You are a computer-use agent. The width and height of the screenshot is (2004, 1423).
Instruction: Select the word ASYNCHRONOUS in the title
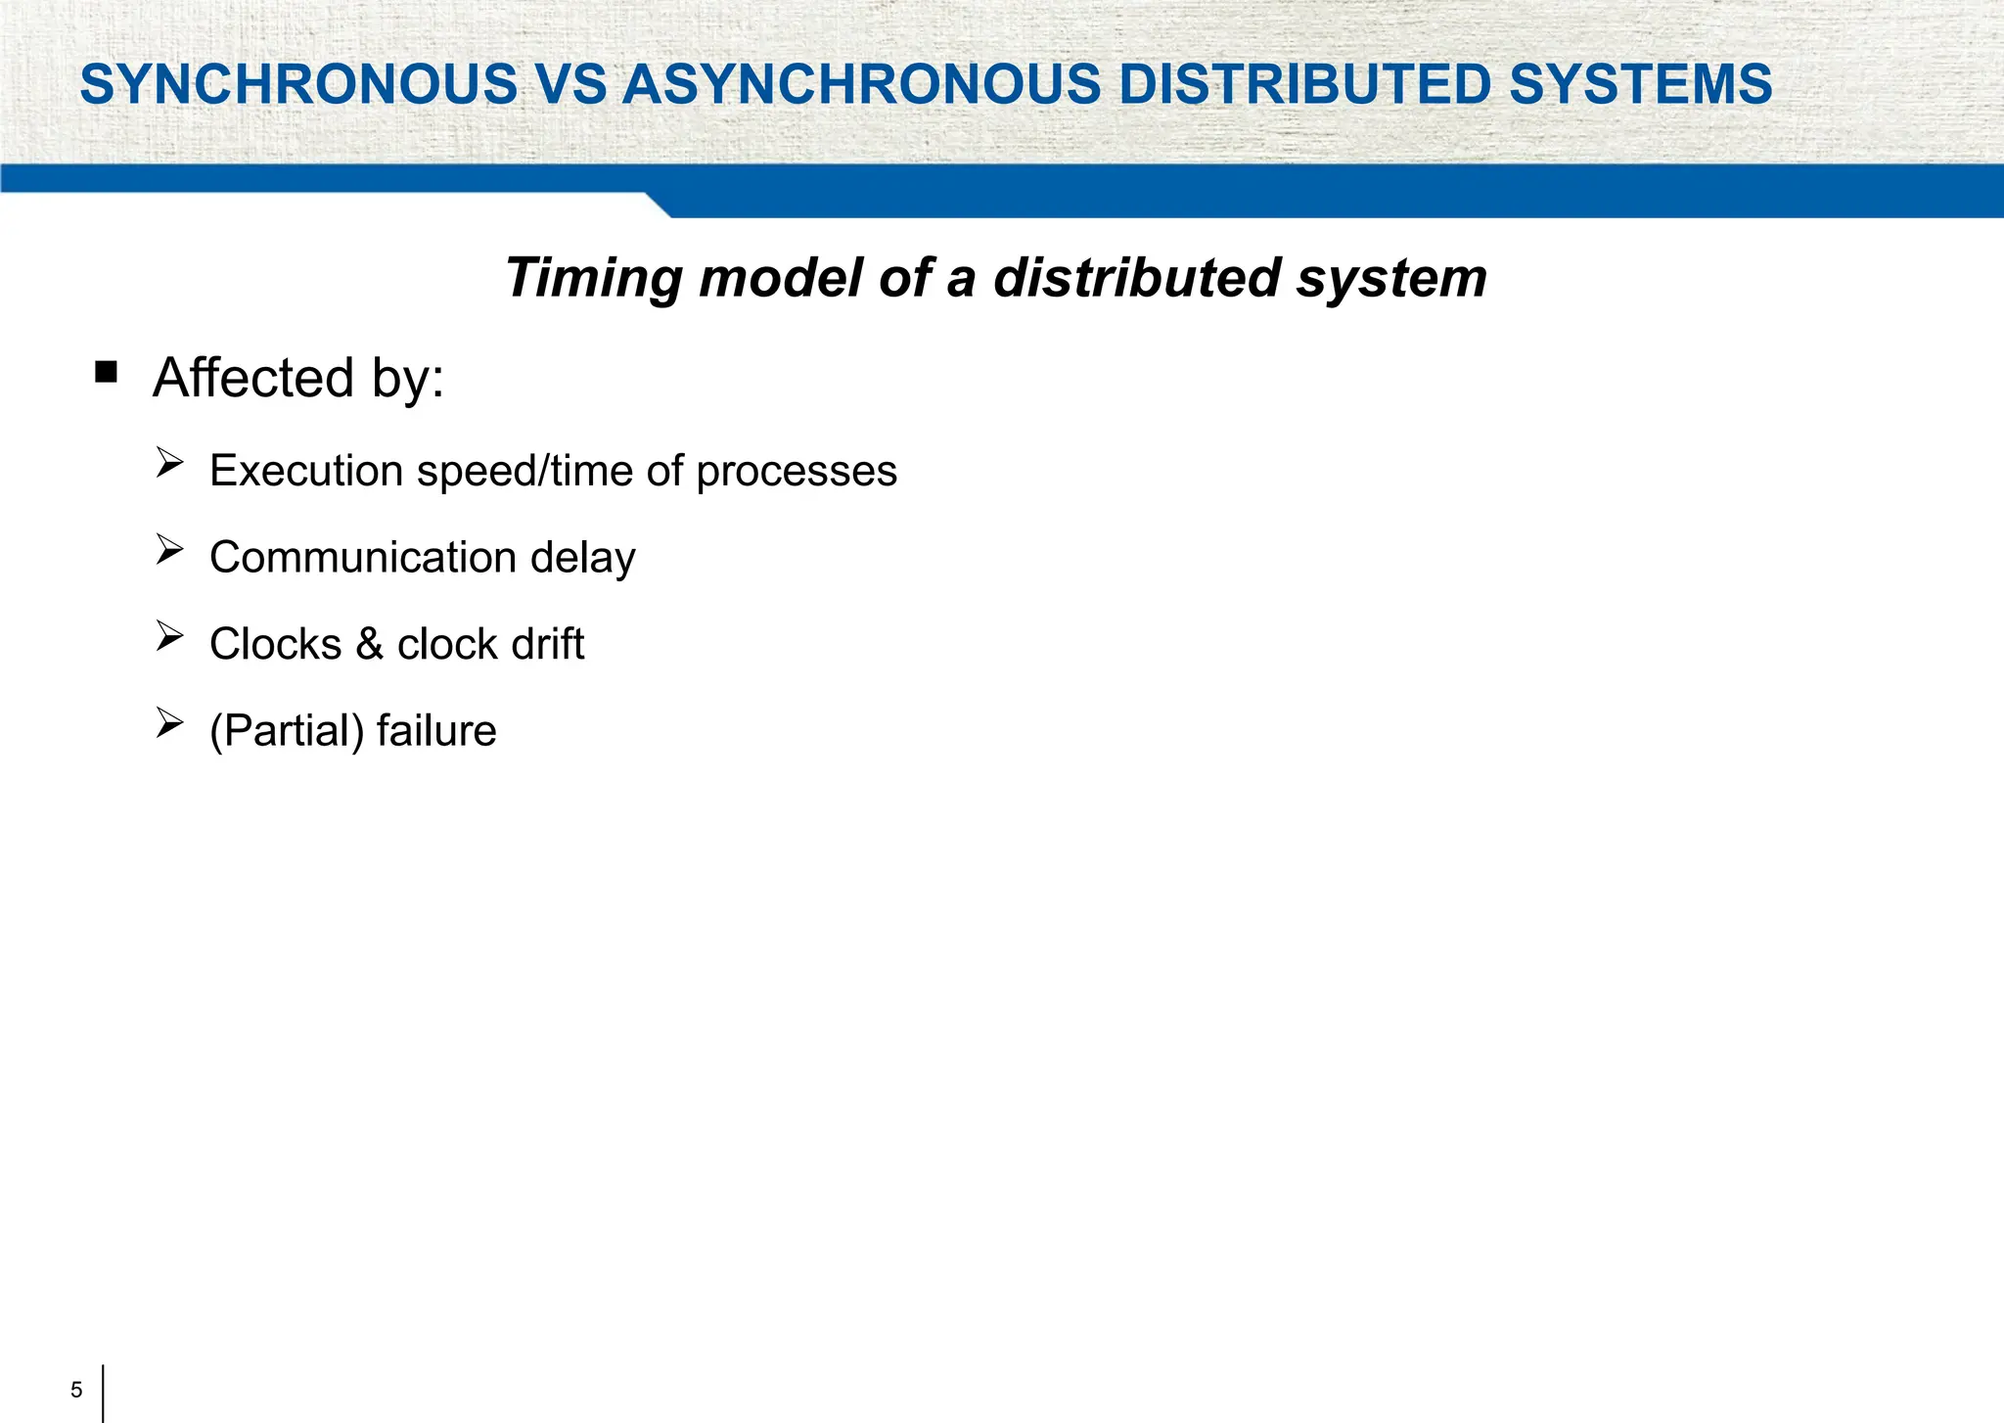point(861,84)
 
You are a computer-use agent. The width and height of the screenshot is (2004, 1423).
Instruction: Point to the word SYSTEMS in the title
point(1640,84)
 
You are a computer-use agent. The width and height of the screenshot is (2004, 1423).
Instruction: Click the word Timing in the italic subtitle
point(593,279)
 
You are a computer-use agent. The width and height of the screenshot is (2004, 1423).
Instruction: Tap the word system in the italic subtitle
point(1391,279)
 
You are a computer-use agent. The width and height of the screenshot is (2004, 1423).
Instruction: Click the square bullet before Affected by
point(107,372)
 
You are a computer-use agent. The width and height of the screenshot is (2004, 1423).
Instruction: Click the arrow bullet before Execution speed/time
point(169,463)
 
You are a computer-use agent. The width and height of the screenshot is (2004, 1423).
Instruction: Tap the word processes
point(797,472)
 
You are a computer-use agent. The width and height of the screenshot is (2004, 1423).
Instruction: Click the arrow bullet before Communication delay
point(169,550)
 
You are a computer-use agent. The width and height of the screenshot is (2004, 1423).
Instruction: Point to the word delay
point(582,558)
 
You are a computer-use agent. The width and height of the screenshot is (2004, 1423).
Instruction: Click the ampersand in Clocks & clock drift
point(369,644)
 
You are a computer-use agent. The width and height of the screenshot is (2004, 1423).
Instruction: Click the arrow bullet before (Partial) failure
point(169,723)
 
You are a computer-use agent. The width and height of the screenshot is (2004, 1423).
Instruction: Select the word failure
point(436,731)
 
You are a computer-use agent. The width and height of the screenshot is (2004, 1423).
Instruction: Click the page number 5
point(76,1390)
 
